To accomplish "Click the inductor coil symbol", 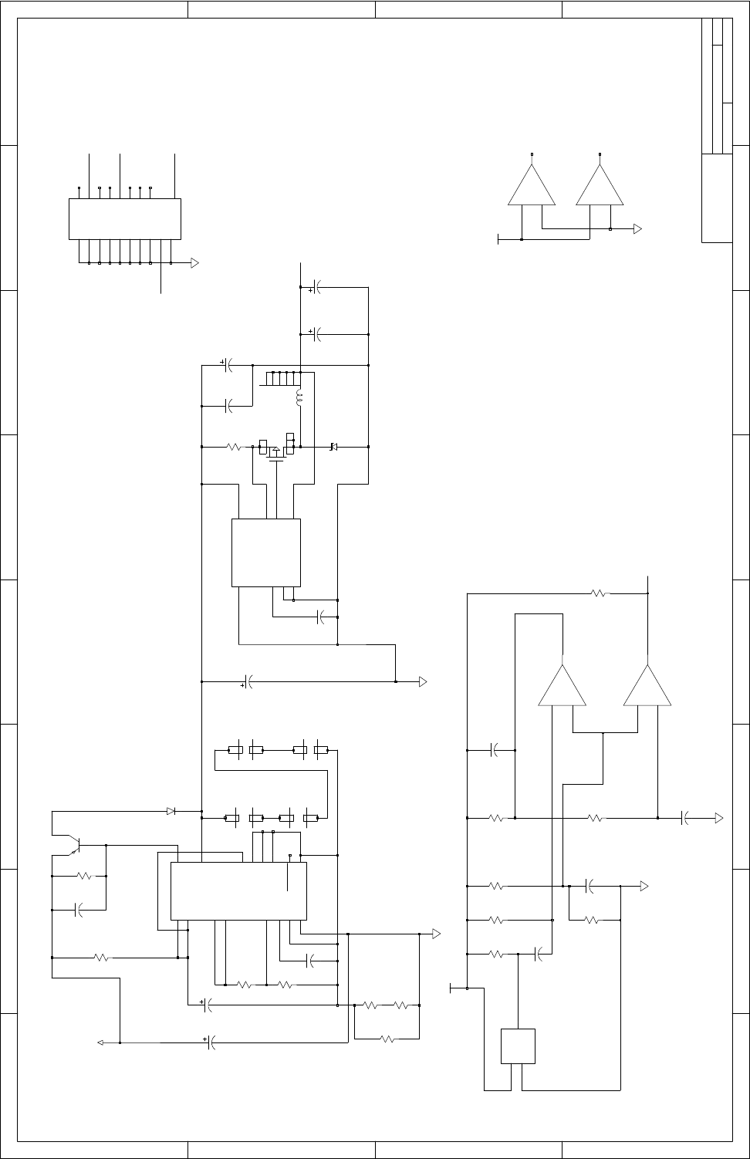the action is coord(299,399).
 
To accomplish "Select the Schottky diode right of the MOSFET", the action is coord(333,447).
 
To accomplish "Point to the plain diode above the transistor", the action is coord(171,811).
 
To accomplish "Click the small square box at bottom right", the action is coord(518,1046).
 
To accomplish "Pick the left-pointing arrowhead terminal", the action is coord(100,1042).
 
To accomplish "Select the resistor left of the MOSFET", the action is coord(235,447).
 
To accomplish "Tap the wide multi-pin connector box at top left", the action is coord(125,218).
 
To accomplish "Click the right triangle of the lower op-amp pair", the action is coord(647,686).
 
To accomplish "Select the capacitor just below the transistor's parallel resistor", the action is coord(78,911).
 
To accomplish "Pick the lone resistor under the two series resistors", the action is coord(387,1039).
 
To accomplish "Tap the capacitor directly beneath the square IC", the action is coord(323,617).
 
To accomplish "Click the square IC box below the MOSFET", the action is coord(266,552).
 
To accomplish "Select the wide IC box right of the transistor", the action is coord(238,890).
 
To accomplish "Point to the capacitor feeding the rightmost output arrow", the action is coord(685,818).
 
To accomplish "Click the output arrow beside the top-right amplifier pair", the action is coord(638,229).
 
